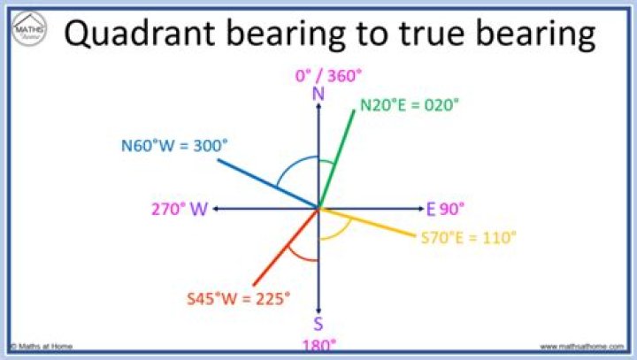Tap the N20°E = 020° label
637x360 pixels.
[x=410, y=104]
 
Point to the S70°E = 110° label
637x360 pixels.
[x=468, y=237]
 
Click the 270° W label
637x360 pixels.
[x=180, y=210]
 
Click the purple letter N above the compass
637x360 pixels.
[x=318, y=93]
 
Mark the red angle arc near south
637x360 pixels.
[x=303, y=257]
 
